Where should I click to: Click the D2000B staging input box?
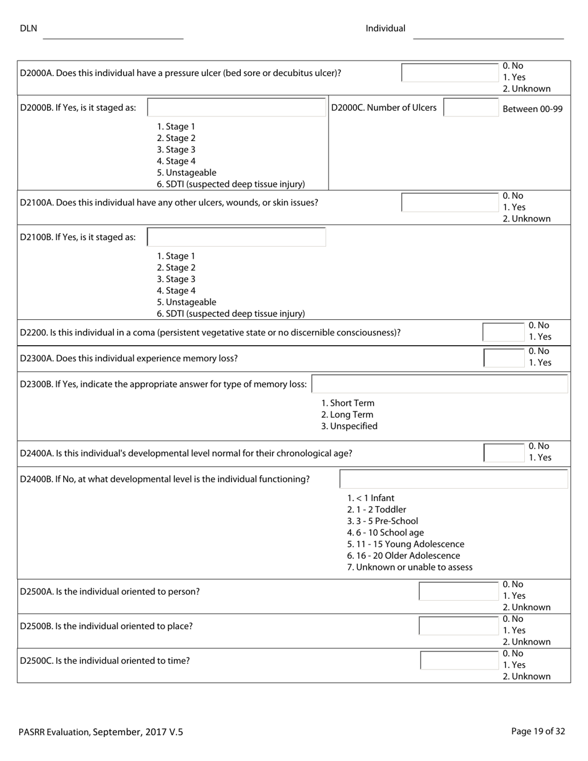click(x=236, y=108)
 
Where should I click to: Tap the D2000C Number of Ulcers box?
click(x=470, y=108)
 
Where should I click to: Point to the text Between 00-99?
click(x=532, y=109)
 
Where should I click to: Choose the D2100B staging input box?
click(x=236, y=237)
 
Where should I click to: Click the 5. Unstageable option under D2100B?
click(x=186, y=302)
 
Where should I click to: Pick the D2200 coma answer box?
click(x=504, y=332)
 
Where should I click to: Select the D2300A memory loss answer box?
click(x=504, y=358)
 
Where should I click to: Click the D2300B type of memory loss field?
click(x=439, y=384)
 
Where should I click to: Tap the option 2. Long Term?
click(x=347, y=415)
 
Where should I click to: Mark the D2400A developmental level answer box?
click(x=504, y=453)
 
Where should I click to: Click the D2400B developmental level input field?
click(x=454, y=479)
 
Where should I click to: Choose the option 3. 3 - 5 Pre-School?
click(x=383, y=521)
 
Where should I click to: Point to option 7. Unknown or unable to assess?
click(x=410, y=567)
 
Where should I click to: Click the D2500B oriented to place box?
click(x=459, y=626)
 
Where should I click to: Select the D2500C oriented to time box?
click(x=459, y=661)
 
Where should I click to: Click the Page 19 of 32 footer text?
click(x=538, y=731)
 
